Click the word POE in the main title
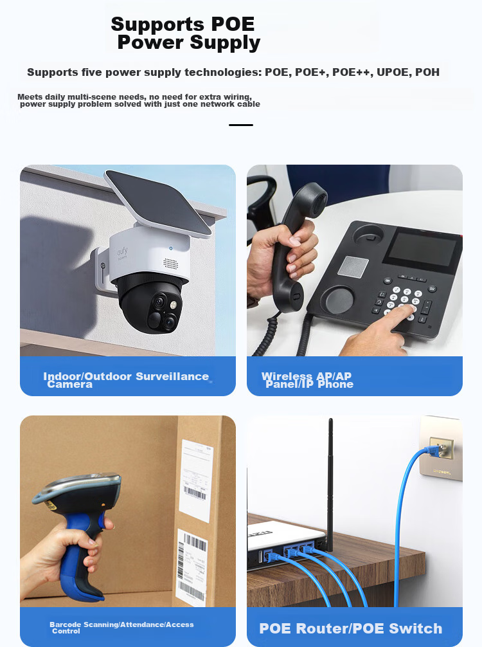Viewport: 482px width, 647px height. [233, 24]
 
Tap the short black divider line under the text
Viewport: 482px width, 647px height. [241, 125]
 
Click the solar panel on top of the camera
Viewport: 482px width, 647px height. [158, 203]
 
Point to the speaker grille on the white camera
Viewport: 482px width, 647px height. [171, 264]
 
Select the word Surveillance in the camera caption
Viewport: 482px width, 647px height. [172, 376]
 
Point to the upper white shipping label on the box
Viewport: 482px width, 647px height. [196, 480]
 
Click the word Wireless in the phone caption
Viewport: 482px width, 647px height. [287, 376]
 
